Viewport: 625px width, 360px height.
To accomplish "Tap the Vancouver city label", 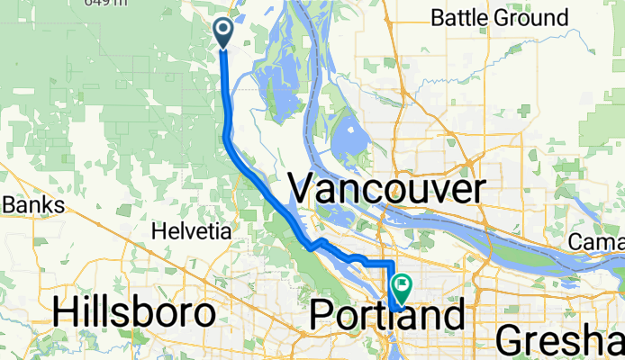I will pos(387,190).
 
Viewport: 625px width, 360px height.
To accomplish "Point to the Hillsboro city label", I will pos(134,312).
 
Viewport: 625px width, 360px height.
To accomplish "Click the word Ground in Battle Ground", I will pos(537,17).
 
